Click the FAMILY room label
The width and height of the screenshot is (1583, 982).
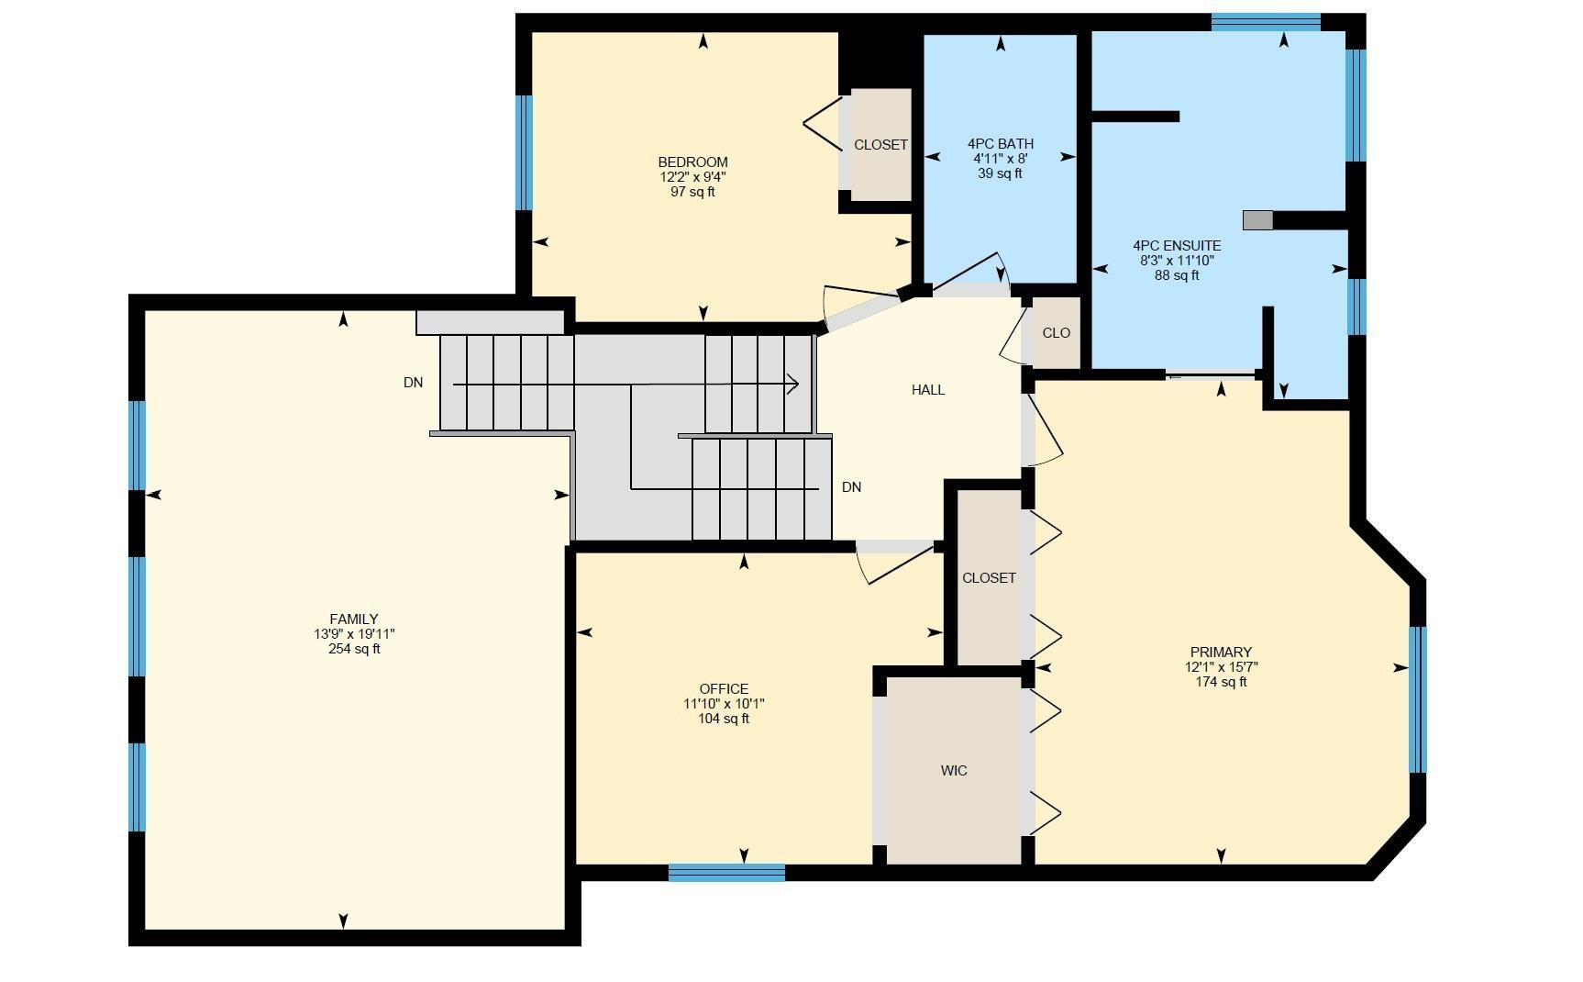(354, 619)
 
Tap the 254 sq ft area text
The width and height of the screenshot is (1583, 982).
(354, 649)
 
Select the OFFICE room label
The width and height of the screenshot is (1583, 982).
(724, 689)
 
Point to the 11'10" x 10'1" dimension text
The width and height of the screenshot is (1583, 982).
(724, 704)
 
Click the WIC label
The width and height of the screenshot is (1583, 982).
(954, 771)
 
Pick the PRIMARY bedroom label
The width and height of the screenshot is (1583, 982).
(1221, 653)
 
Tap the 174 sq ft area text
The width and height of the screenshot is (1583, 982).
(1221, 682)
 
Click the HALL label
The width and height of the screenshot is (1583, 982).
(928, 390)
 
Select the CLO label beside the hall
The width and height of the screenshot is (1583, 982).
(1057, 333)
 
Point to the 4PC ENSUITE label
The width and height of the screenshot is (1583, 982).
(1177, 246)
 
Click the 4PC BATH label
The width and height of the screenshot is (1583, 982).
(1000, 144)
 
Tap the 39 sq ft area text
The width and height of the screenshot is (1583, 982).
(1000, 173)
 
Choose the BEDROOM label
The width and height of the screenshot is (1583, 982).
(692, 162)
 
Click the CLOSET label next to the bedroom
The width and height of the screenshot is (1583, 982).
(880, 145)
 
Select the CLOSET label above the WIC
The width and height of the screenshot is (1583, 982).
(989, 578)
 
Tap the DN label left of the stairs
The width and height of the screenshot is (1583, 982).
(414, 383)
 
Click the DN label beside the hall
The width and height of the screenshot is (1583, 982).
(852, 487)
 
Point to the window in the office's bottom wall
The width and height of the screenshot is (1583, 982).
(726, 873)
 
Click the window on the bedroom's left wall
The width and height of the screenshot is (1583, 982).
(524, 152)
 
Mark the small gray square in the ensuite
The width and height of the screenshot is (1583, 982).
(1258, 220)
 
